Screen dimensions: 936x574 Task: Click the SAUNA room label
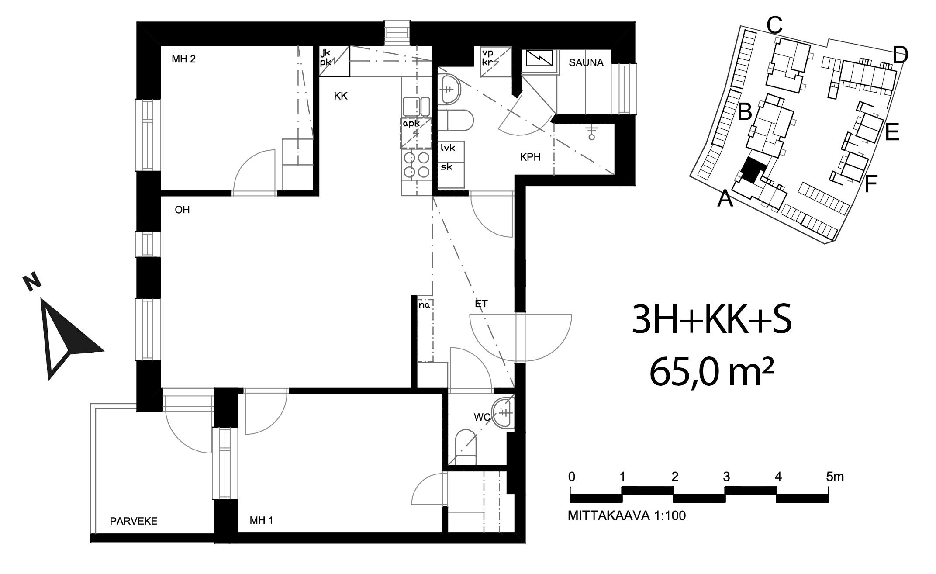coord(586,63)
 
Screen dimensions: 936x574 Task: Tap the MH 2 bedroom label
coord(183,59)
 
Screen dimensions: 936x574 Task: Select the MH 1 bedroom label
coord(262,520)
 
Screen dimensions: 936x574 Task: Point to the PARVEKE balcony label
coord(134,521)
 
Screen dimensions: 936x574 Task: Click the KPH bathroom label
coord(530,157)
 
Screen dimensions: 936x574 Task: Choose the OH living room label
coord(182,210)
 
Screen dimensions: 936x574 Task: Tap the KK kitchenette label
coord(341,96)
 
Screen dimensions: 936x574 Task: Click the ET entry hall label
coord(481,304)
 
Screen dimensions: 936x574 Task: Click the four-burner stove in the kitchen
coord(417,166)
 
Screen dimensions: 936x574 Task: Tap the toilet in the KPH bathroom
coord(456,121)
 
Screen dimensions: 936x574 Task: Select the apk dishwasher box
coord(416,133)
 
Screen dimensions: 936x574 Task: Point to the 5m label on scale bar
coord(835,477)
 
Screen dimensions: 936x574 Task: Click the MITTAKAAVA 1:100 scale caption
coord(627,516)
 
